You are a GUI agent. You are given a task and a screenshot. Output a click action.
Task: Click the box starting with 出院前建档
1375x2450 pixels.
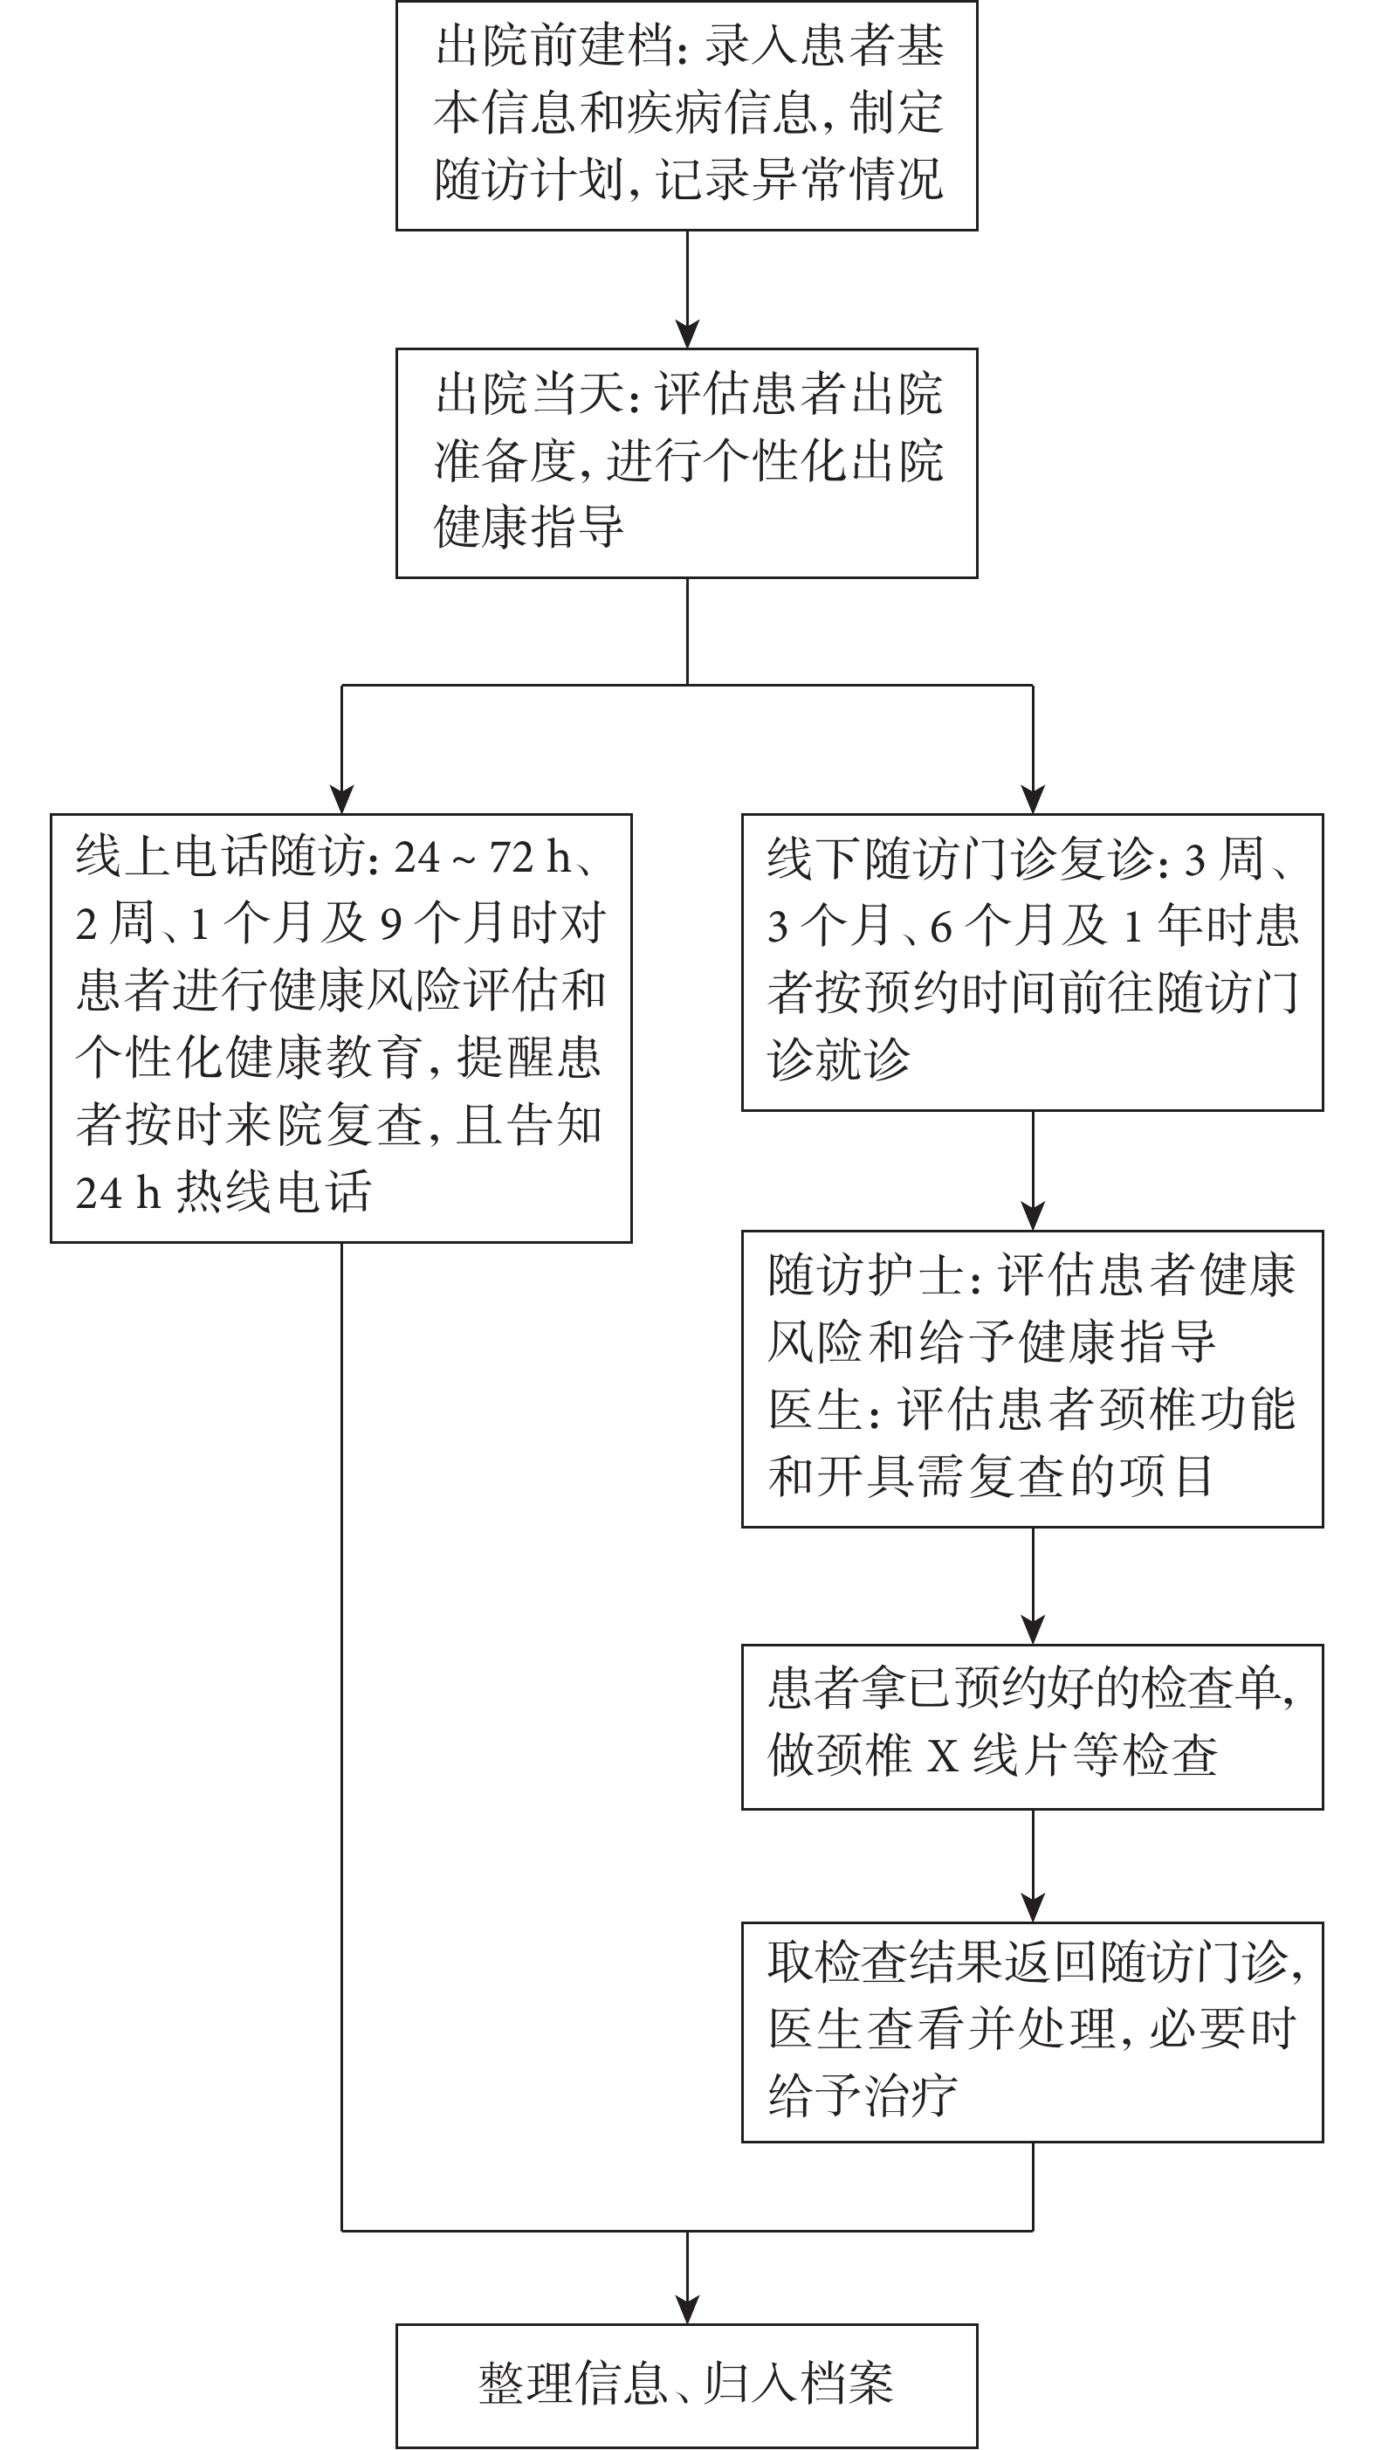pos(686,115)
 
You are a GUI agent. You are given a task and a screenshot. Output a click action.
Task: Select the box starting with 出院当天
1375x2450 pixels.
pos(686,463)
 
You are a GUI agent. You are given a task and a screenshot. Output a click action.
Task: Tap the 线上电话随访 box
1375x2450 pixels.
pos(341,1028)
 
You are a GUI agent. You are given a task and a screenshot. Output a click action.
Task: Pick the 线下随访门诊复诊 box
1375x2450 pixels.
pos(1033,963)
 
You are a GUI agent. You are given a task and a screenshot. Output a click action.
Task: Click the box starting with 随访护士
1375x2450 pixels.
pos(1033,1379)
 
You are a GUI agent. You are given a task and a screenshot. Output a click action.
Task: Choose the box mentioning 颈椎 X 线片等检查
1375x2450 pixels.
pos(1033,1726)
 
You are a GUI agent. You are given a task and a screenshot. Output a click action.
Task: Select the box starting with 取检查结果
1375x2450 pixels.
pos(1033,2032)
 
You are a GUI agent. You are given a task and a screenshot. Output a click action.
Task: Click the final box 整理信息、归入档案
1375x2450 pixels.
pos(686,2385)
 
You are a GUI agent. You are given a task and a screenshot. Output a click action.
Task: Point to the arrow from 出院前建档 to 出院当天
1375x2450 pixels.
pos(686,289)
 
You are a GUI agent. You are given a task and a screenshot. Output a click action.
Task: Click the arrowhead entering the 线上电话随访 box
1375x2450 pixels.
pos(341,800)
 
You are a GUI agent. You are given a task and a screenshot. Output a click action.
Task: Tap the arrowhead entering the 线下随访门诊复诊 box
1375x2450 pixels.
pos(1033,800)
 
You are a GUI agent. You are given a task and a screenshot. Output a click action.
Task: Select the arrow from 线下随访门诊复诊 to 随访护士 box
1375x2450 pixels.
pos(1033,1170)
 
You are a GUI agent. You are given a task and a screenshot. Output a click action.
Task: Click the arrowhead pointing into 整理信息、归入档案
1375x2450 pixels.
pos(686,2310)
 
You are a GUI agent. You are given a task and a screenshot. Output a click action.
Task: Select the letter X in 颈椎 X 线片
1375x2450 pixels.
pos(942,1756)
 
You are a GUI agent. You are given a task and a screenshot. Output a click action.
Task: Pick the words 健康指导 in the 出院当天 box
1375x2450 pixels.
pos(529,526)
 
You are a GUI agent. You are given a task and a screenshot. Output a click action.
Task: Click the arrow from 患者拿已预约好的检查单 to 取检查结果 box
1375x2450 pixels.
pos(1033,1866)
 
